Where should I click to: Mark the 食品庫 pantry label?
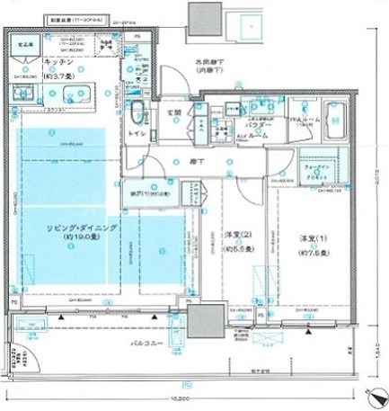28,42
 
